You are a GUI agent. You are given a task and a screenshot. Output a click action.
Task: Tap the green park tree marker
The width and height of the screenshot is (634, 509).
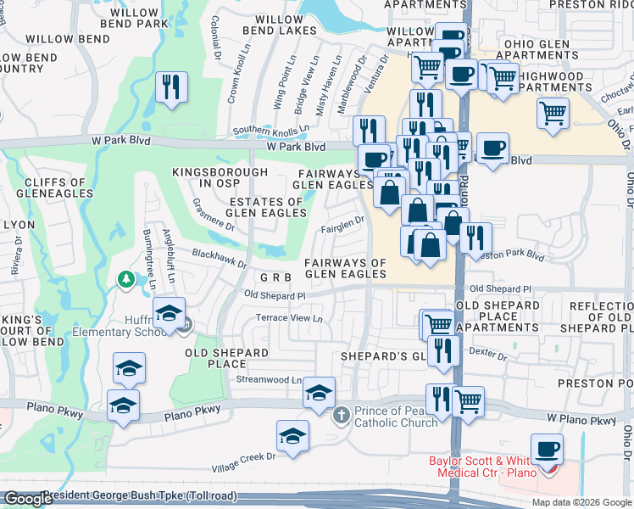(126, 279)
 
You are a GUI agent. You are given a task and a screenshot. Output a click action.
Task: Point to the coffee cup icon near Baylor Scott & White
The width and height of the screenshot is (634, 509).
(547, 447)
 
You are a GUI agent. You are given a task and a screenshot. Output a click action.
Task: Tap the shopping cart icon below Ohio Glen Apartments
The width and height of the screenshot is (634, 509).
(553, 112)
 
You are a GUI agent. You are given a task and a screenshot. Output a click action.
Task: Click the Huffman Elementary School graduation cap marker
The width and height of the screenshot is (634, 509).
(170, 314)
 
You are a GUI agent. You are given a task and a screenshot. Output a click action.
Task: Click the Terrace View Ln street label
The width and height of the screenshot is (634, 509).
(290, 318)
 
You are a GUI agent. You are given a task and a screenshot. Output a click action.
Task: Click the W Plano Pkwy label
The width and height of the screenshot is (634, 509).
(581, 419)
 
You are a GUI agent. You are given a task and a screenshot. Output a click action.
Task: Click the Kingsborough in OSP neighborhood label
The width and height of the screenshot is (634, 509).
(209, 177)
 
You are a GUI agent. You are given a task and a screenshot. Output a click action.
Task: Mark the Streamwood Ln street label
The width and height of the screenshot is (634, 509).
(270, 380)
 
